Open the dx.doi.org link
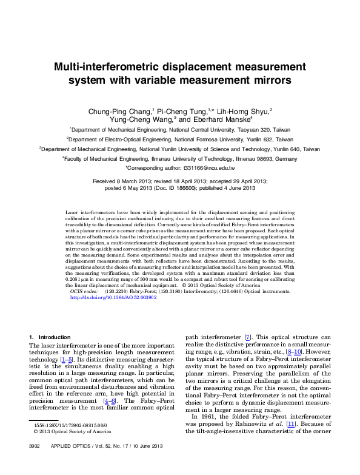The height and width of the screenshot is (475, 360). pos(113,298)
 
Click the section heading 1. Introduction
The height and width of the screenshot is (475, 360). pos(50,337)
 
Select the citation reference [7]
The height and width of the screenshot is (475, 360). pos(247,337)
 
